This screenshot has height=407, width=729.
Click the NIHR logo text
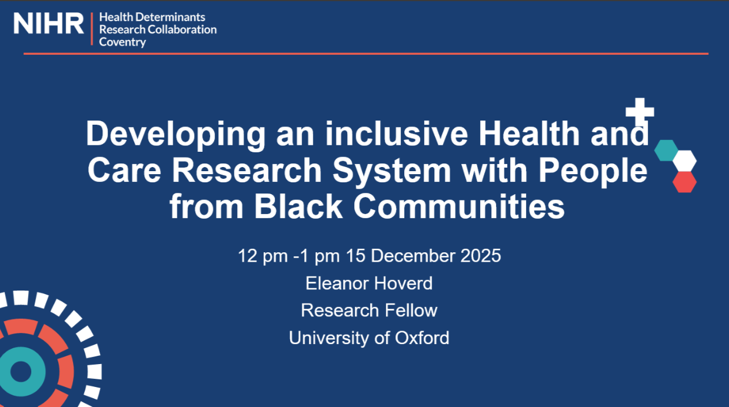[49, 24]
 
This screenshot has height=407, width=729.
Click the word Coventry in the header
[122, 42]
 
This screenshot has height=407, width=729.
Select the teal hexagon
[667, 150]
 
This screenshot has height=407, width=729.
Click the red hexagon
[684, 182]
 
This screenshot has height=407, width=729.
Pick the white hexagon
[684, 160]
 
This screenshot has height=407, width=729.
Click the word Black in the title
[298, 207]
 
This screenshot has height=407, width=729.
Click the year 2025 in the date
[481, 256]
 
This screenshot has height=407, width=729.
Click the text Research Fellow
[369, 311]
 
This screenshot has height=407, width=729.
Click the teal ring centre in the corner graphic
[21, 372]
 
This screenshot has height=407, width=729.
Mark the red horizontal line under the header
[365, 54]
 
